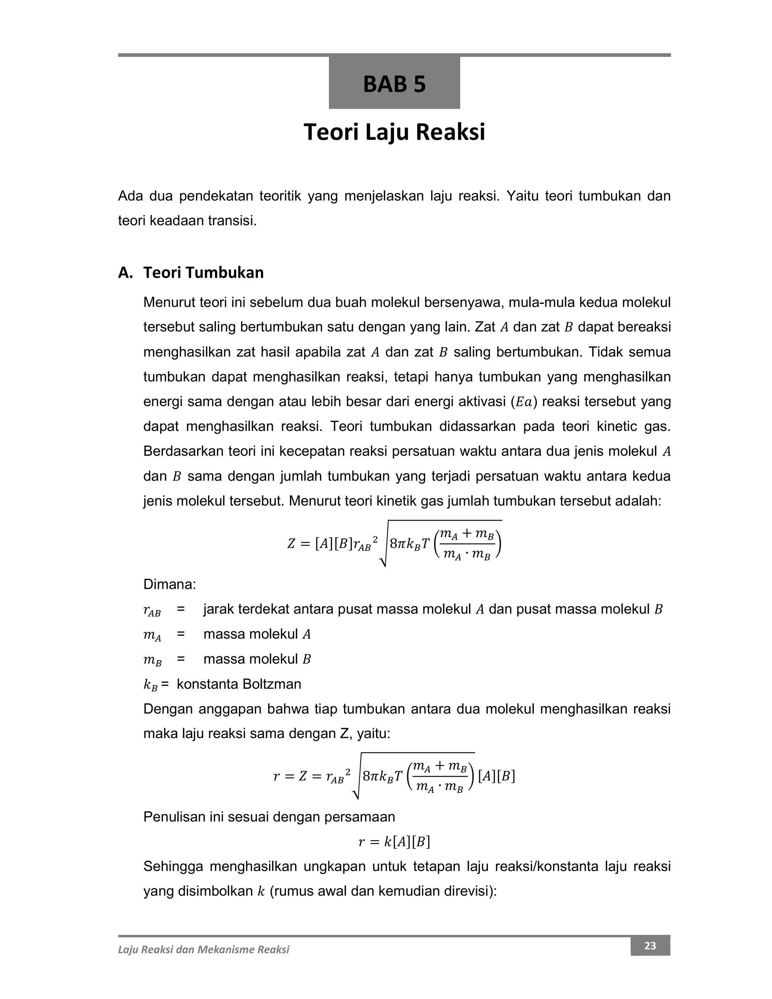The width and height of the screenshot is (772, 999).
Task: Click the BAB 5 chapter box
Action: click(x=394, y=83)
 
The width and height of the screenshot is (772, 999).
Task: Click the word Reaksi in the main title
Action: click(x=450, y=132)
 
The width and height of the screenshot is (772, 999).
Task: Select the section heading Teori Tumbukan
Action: click(x=203, y=273)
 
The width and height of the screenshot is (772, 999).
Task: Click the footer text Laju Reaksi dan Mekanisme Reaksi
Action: click(x=204, y=950)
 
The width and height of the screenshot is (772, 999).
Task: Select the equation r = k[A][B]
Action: click(x=394, y=842)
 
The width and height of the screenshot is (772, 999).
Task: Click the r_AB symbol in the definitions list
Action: click(x=152, y=610)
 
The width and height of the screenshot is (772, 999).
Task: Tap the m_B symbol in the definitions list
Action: click(x=152, y=660)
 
